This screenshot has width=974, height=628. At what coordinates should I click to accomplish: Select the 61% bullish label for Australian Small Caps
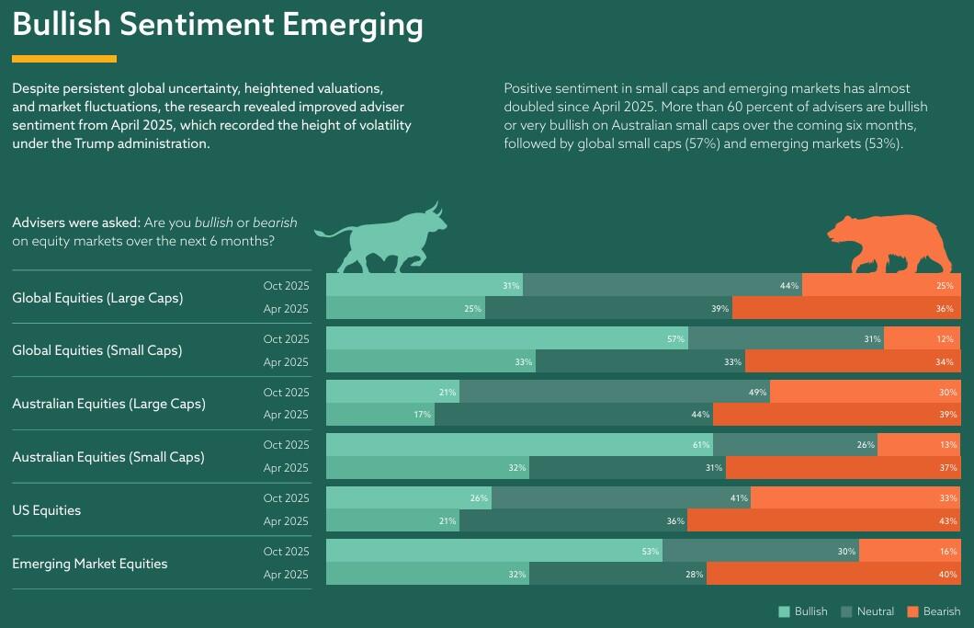(x=701, y=445)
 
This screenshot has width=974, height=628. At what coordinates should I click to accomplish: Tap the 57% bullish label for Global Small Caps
(x=676, y=339)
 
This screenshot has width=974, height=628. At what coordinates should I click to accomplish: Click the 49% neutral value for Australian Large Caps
(x=758, y=393)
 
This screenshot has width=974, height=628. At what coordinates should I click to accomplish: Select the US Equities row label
(x=47, y=510)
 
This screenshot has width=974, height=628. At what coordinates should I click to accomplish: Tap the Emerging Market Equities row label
(x=90, y=564)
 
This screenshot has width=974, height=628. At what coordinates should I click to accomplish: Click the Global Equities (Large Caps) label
(x=97, y=298)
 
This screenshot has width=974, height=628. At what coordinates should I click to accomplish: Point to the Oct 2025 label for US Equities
(x=286, y=498)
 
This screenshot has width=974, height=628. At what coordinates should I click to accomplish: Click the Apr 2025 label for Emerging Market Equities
(x=286, y=575)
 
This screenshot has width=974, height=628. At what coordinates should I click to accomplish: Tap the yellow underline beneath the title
(x=64, y=59)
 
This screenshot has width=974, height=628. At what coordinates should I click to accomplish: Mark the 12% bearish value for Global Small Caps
(x=945, y=339)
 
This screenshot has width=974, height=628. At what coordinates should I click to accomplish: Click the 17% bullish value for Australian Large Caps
(x=422, y=415)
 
